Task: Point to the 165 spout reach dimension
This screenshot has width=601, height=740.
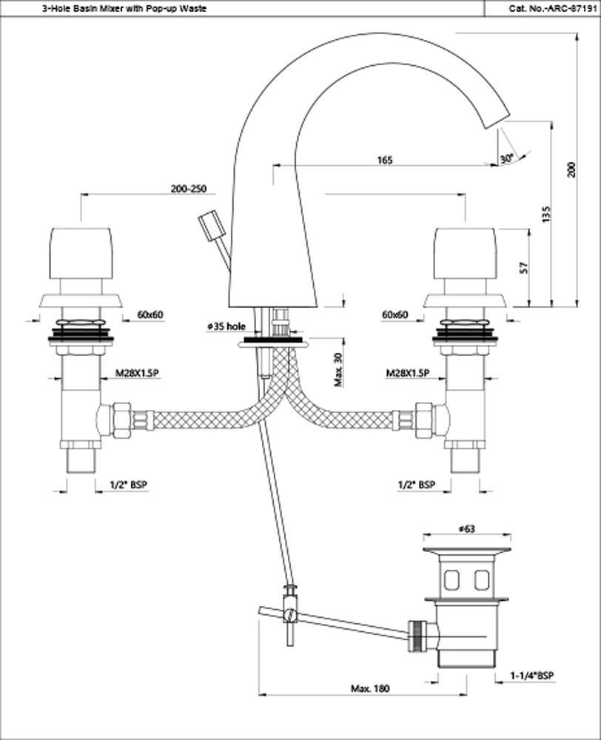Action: tap(384, 160)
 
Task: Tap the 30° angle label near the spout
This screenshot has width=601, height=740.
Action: tap(506, 158)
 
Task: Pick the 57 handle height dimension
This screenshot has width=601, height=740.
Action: tap(523, 267)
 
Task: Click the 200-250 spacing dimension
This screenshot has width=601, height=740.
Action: tap(187, 189)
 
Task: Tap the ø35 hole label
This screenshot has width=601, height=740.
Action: tap(226, 326)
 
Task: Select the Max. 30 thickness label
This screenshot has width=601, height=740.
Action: tap(338, 369)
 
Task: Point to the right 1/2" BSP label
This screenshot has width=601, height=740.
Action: tap(416, 485)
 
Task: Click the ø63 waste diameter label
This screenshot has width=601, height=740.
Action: tap(466, 529)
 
